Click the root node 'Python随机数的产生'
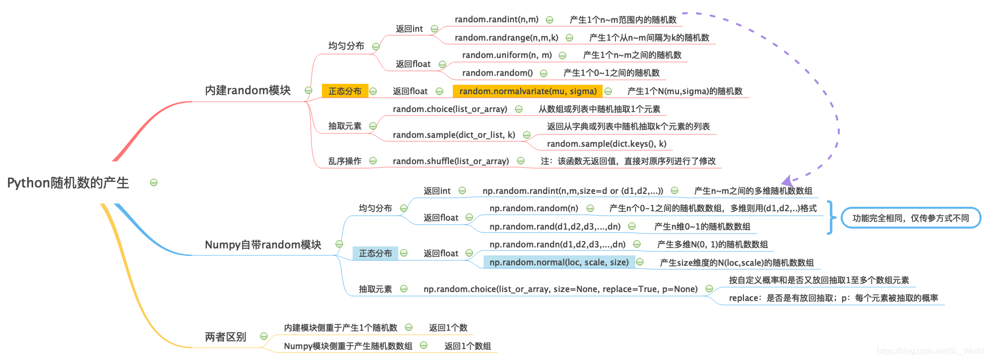pos(68,183)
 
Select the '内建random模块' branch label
pos(247,90)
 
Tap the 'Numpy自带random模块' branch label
pos(263,244)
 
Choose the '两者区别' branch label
pos(226,337)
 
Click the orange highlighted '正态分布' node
pos(345,91)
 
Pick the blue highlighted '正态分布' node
pos(375,253)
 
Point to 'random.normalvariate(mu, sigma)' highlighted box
pos(528,91)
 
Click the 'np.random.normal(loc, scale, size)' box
pos(559,262)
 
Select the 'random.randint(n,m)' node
pos(496,19)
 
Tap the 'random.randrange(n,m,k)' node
pos(506,38)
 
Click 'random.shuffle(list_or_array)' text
pos(450,161)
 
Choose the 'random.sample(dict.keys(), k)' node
pos(607,144)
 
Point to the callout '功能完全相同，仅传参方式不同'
pos(911,218)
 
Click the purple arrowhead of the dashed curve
pos(788,181)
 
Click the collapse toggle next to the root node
pos(154,182)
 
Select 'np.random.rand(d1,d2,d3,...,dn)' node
pos(555,227)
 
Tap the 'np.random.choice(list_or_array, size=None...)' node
pos(560,289)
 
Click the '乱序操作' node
pos(345,161)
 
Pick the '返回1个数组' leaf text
pos(467,346)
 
